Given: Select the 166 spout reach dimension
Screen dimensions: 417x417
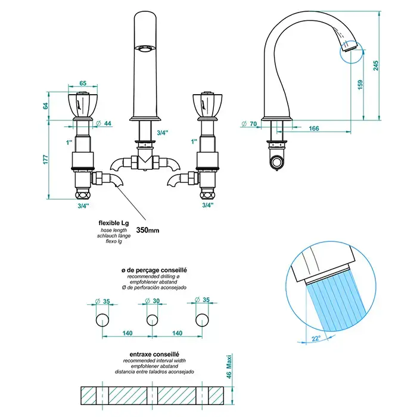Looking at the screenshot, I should coord(314,128).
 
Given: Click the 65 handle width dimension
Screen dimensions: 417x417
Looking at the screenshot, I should coord(83,85).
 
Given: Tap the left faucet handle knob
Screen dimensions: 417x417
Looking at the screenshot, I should coord(83,105).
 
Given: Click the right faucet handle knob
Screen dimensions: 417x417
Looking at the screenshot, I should coord(207,105).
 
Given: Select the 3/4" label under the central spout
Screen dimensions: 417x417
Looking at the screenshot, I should coord(162,133).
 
